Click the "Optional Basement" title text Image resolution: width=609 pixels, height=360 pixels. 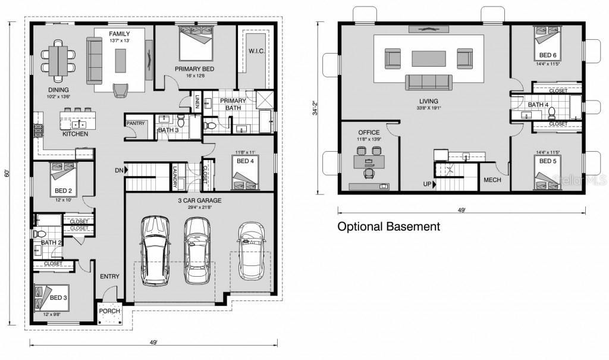pos(388,227)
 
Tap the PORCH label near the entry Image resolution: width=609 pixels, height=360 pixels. pos(109,311)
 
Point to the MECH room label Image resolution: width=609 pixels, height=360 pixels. pos(492,180)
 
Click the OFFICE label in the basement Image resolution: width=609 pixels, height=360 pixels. pos(369,132)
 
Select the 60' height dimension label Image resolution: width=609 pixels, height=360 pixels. pos(8,174)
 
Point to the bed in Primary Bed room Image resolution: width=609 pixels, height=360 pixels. pos(196,45)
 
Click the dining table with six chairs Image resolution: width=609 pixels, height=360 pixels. pos(58,60)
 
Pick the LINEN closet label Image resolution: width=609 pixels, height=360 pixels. pos(197,103)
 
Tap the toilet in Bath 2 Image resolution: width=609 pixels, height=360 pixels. pos(39,234)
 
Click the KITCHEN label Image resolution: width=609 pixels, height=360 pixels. pos(76,134)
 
